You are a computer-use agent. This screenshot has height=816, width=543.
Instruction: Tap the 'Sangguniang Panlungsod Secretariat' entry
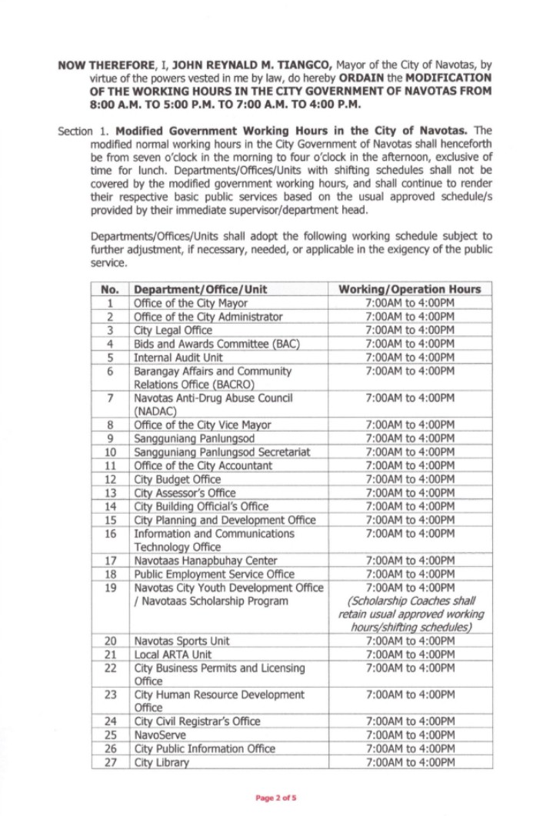click(x=222, y=451)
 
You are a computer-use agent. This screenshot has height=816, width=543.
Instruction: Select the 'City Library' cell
click(x=161, y=763)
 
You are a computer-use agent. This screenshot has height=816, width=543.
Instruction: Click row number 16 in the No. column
click(x=110, y=533)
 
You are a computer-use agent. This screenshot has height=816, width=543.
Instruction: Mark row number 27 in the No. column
click(x=110, y=763)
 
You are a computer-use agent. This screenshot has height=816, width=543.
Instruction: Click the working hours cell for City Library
click(x=409, y=763)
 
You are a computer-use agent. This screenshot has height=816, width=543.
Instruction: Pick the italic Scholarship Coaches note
click(x=409, y=614)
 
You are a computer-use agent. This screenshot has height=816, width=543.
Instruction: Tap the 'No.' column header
click(x=110, y=289)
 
